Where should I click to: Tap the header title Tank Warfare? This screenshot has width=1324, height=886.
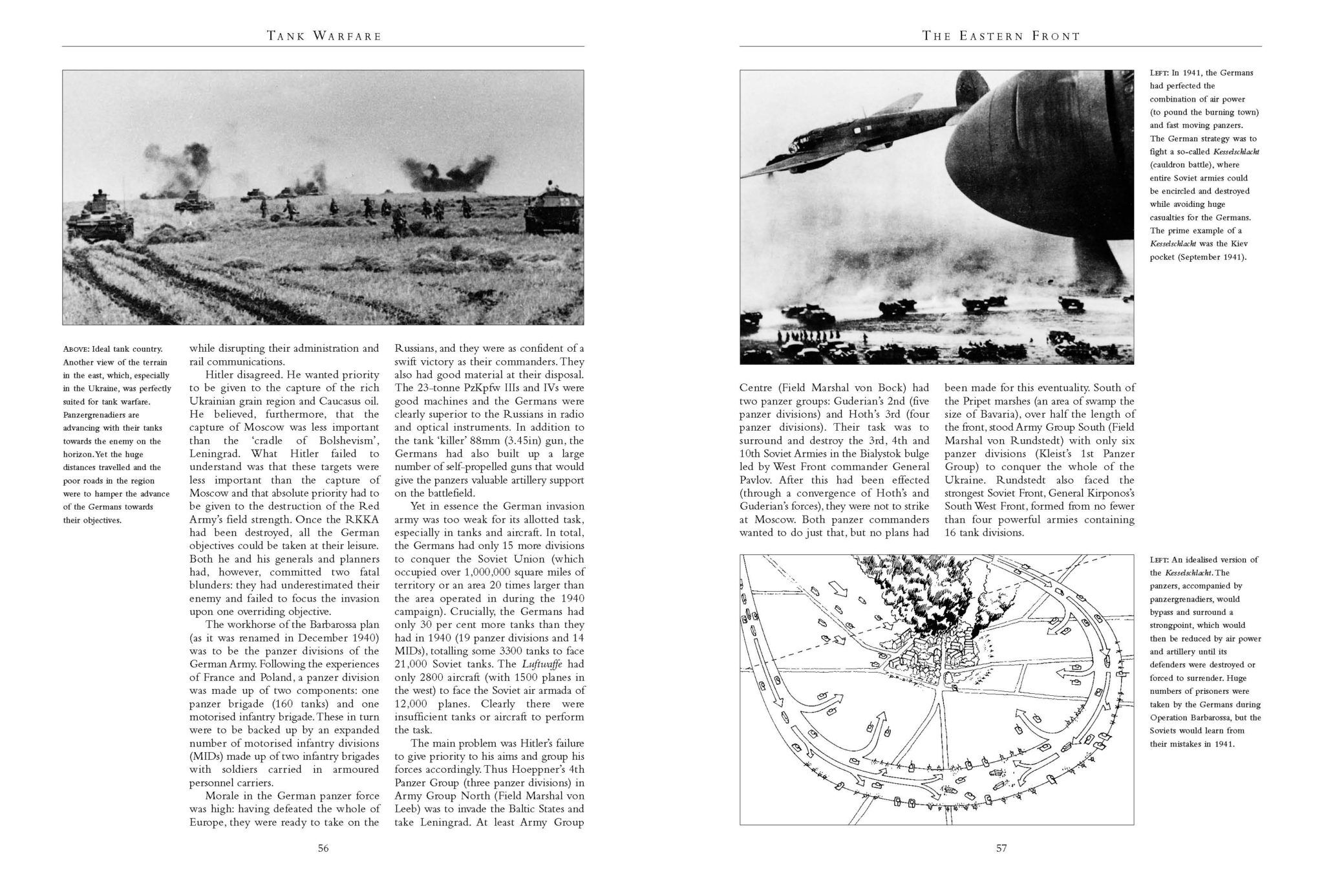324,36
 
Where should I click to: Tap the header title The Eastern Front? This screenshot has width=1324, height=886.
1001,36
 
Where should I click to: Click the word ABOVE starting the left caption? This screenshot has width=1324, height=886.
76,349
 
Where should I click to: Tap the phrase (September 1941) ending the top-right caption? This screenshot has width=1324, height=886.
1206,257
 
